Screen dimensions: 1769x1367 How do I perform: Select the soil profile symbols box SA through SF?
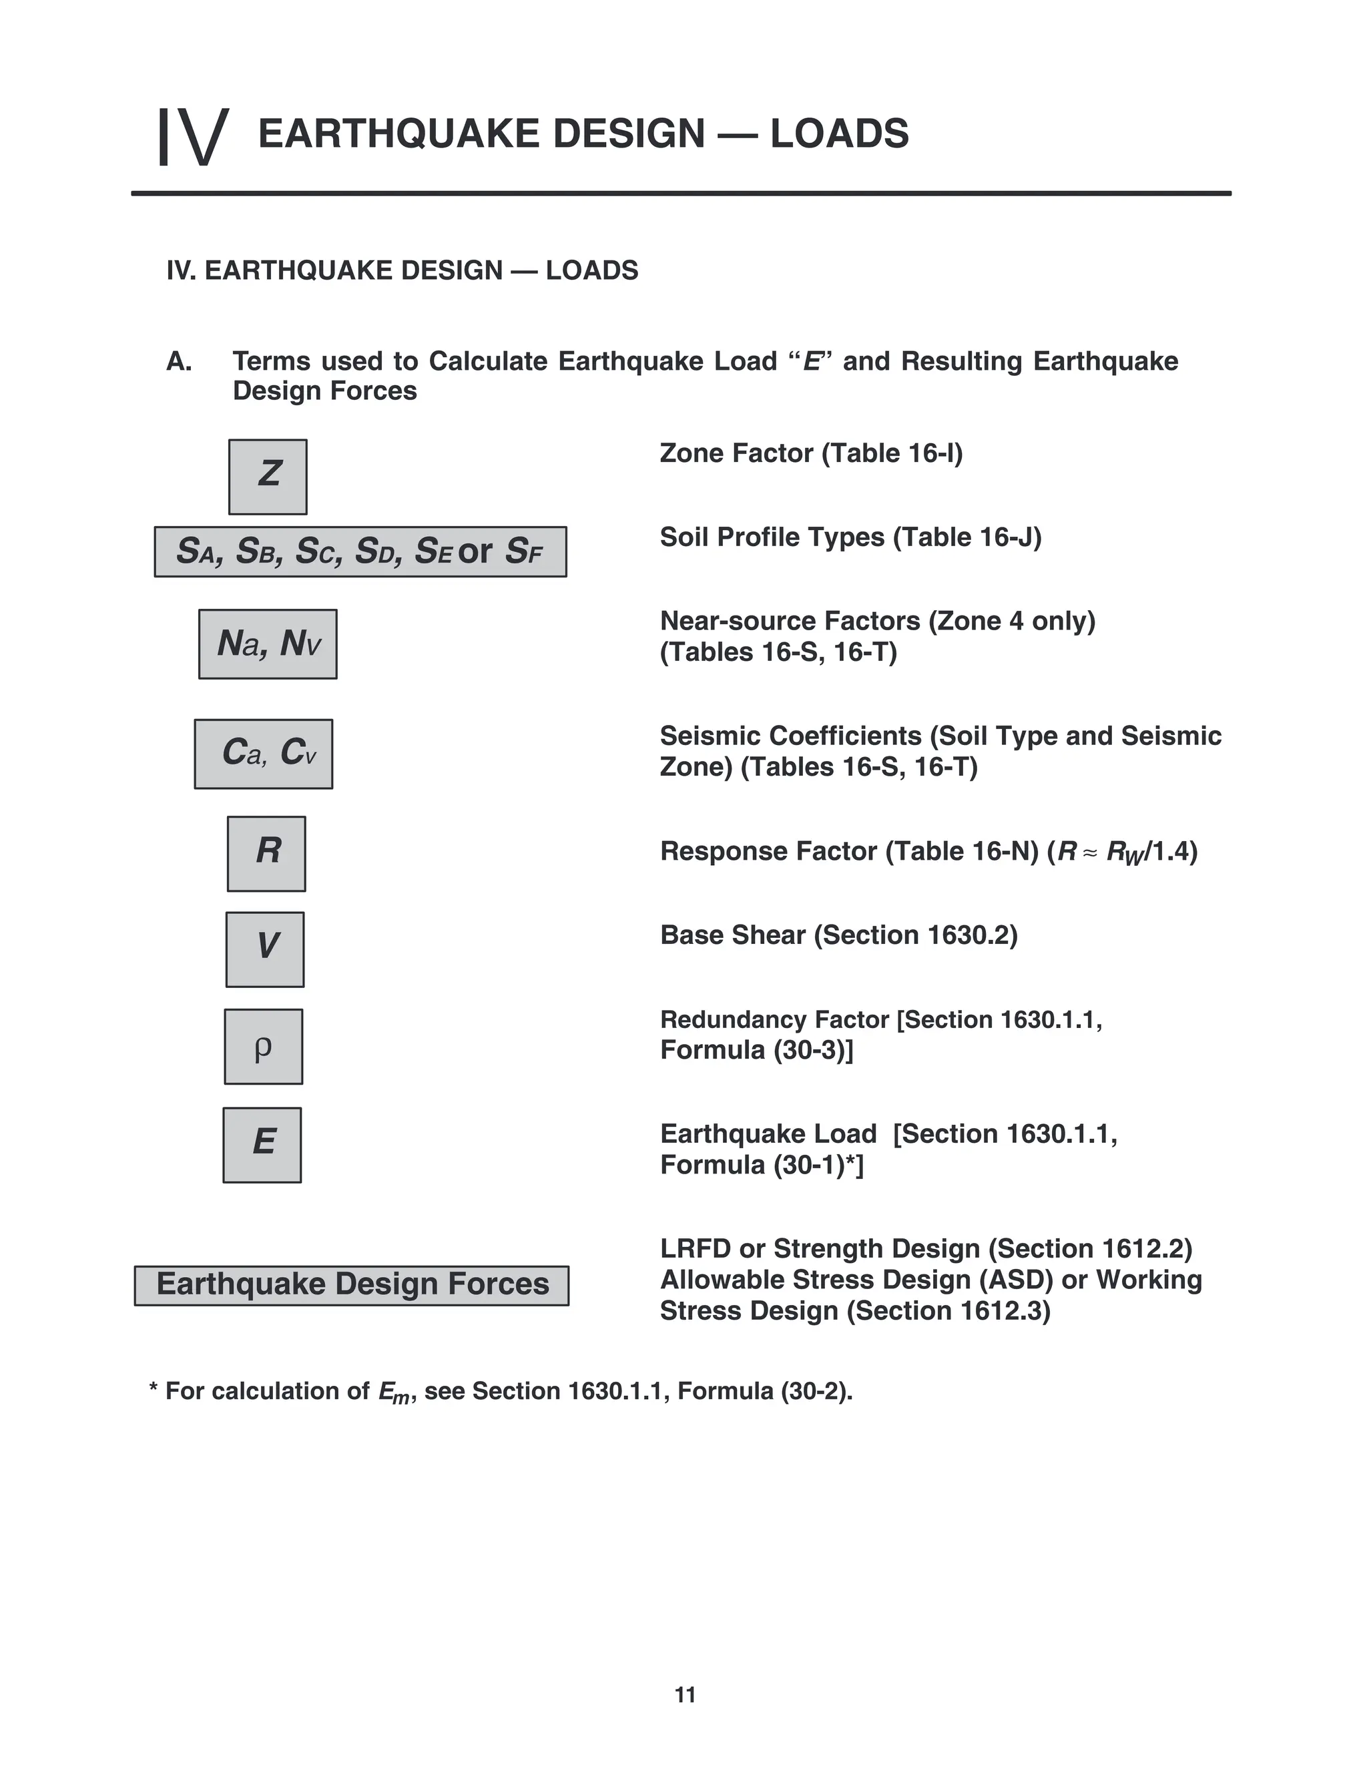[360, 551]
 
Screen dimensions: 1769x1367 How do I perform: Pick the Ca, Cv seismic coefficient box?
[263, 753]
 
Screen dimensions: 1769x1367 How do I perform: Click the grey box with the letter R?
[266, 853]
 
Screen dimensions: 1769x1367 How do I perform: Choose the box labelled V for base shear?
[265, 949]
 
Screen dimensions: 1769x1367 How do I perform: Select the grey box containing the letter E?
[262, 1144]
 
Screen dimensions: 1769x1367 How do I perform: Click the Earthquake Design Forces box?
[352, 1286]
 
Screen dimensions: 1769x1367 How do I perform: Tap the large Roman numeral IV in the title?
[193, 137]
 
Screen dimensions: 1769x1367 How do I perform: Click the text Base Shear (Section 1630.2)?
[839, 935]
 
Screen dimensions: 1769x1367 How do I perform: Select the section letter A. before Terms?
[179, 361]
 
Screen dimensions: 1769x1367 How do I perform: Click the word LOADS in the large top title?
[839, 134]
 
